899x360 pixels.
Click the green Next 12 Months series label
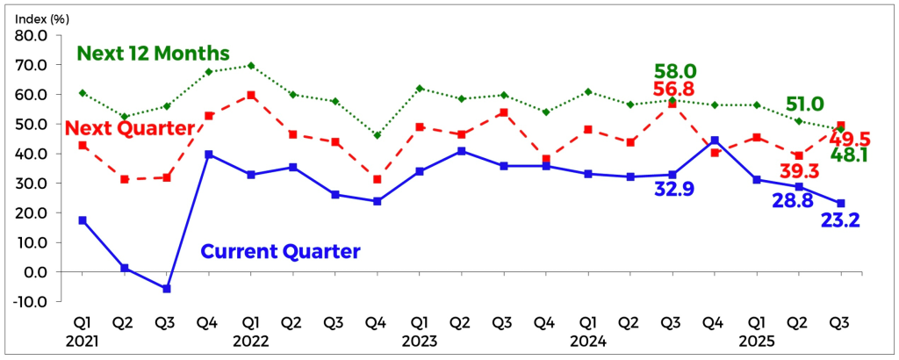coord(154,53)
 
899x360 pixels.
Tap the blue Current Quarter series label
coord(281,251)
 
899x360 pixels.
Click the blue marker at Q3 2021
coord(167,289)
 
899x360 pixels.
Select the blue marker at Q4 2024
coord(715,140)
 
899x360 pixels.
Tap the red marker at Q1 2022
coord(251,95)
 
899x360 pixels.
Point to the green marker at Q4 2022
coord(378,135)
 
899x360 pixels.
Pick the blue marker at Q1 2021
coord(83,220)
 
